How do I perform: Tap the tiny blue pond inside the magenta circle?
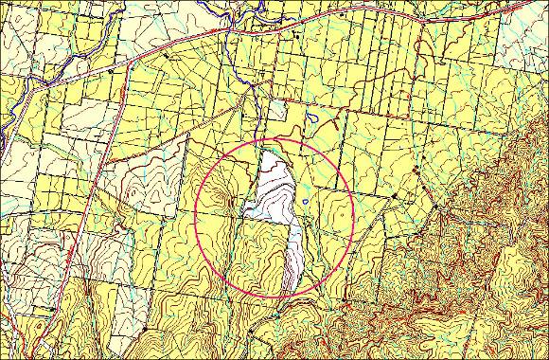tap(305, 201)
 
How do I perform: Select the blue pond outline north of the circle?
tap(313, 121)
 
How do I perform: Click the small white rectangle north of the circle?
tap(276, 112)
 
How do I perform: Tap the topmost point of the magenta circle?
tap(274, 139)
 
